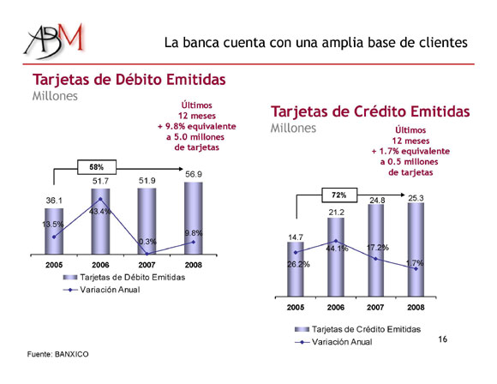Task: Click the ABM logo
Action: (x=54, y=40)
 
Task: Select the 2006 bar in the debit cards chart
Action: (x=100, y=221)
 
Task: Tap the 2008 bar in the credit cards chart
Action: (x=416, y=250)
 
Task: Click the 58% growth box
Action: (x=97, y=167)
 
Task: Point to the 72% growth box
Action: (x=339, y=195)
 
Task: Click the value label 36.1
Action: (x=54, y=201)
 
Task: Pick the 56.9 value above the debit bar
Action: (x=194, y=174)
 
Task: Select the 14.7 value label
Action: (x=296, y=237)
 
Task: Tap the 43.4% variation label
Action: (x=100, y=212)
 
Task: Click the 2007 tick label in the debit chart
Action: (x=147, y=265)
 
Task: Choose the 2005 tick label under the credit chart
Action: (x=296, y=307)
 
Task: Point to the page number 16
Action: (x=442, y=339)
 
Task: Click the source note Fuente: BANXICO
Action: (x=57, y=354)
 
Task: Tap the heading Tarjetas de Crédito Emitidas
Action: (x=370, y=111)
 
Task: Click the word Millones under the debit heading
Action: (x=55, y=96)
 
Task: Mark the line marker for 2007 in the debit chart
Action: (x=147, y=254)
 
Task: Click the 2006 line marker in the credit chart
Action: (x=336, y=241)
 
